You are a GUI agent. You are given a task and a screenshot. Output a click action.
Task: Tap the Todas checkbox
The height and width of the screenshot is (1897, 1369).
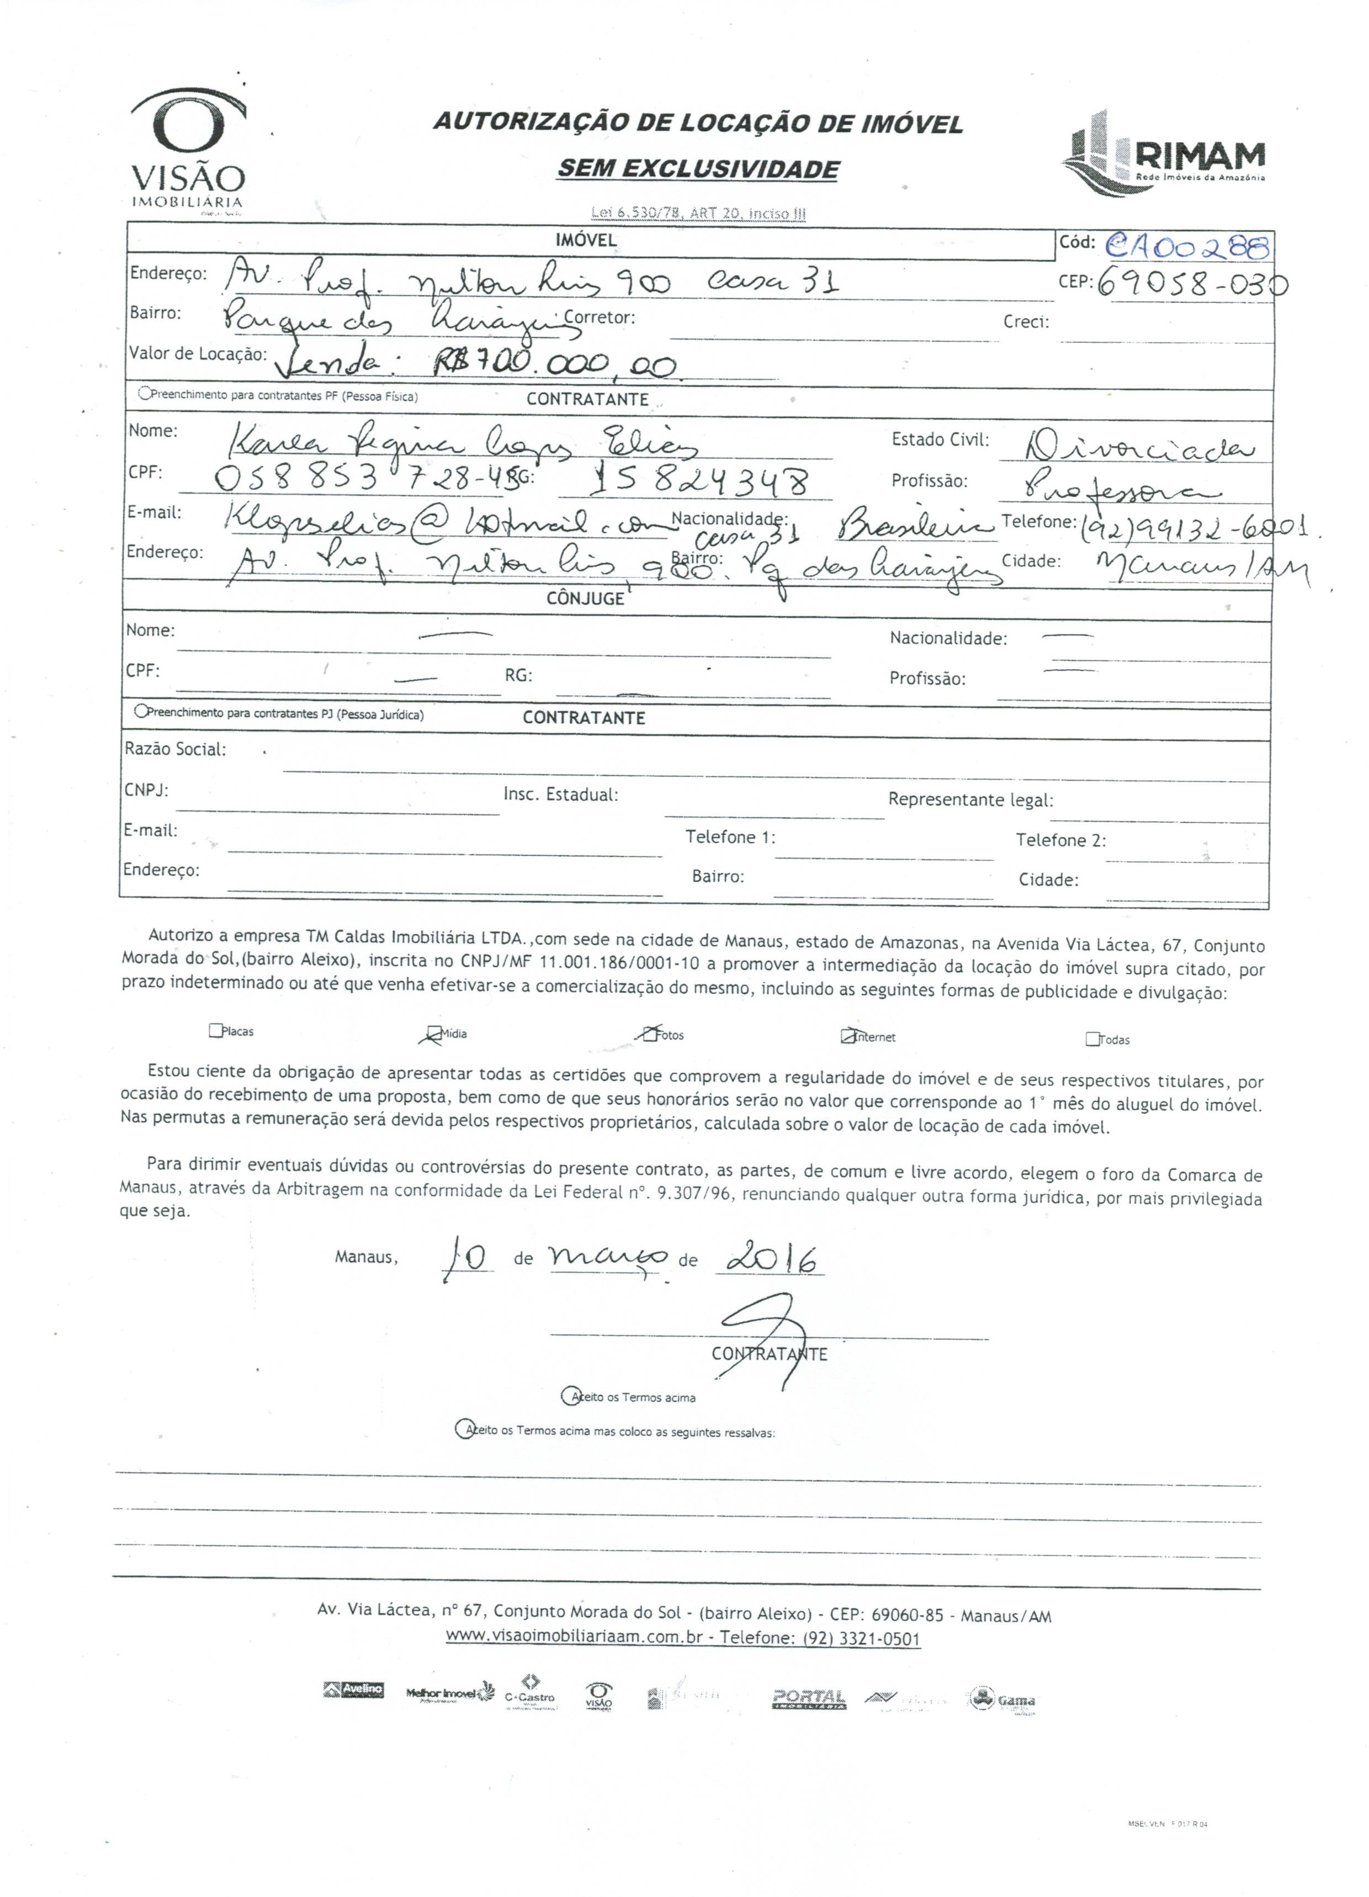point(1092,1040)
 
